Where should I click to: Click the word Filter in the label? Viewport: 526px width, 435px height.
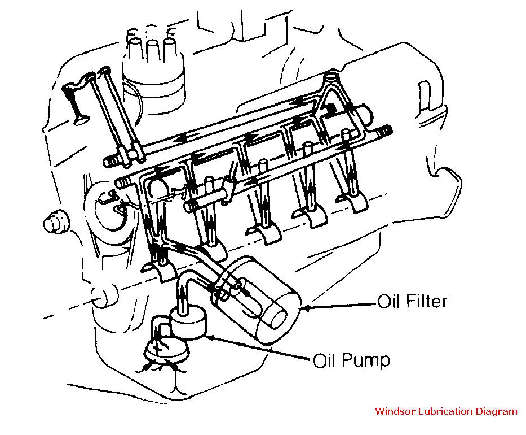pos(424,301)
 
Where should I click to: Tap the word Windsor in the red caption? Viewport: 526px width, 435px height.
pos(394,411)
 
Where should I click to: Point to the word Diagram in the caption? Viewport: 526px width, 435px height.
pos(496,411)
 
